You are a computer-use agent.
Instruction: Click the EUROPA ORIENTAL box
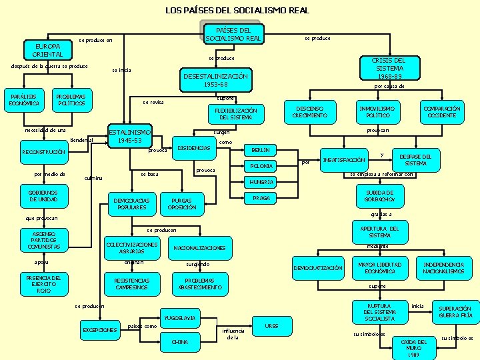coord(47,49)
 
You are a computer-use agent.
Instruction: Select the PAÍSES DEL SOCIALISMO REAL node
coord(233,34)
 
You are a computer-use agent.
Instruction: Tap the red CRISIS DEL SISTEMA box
coord(389,68)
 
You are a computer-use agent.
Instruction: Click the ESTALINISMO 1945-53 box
coord(130,135)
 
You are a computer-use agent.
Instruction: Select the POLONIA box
coord(261,166)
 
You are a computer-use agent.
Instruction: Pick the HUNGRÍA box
coord(261,182)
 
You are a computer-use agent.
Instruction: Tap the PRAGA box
coord(261,198)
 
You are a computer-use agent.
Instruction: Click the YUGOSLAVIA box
coord(179,318)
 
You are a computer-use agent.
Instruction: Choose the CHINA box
coord(179,342)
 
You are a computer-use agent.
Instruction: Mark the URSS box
coord(271,326)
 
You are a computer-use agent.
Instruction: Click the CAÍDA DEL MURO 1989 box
coord(413,346)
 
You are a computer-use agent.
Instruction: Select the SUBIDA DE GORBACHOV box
coord(380,196)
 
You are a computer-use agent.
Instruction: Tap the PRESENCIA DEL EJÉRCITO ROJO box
coord(43,284)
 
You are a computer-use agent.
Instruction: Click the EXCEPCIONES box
coord(99,330)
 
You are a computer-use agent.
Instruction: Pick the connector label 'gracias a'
coord(381,214)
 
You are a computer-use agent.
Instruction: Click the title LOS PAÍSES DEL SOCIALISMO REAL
coord(237,10)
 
